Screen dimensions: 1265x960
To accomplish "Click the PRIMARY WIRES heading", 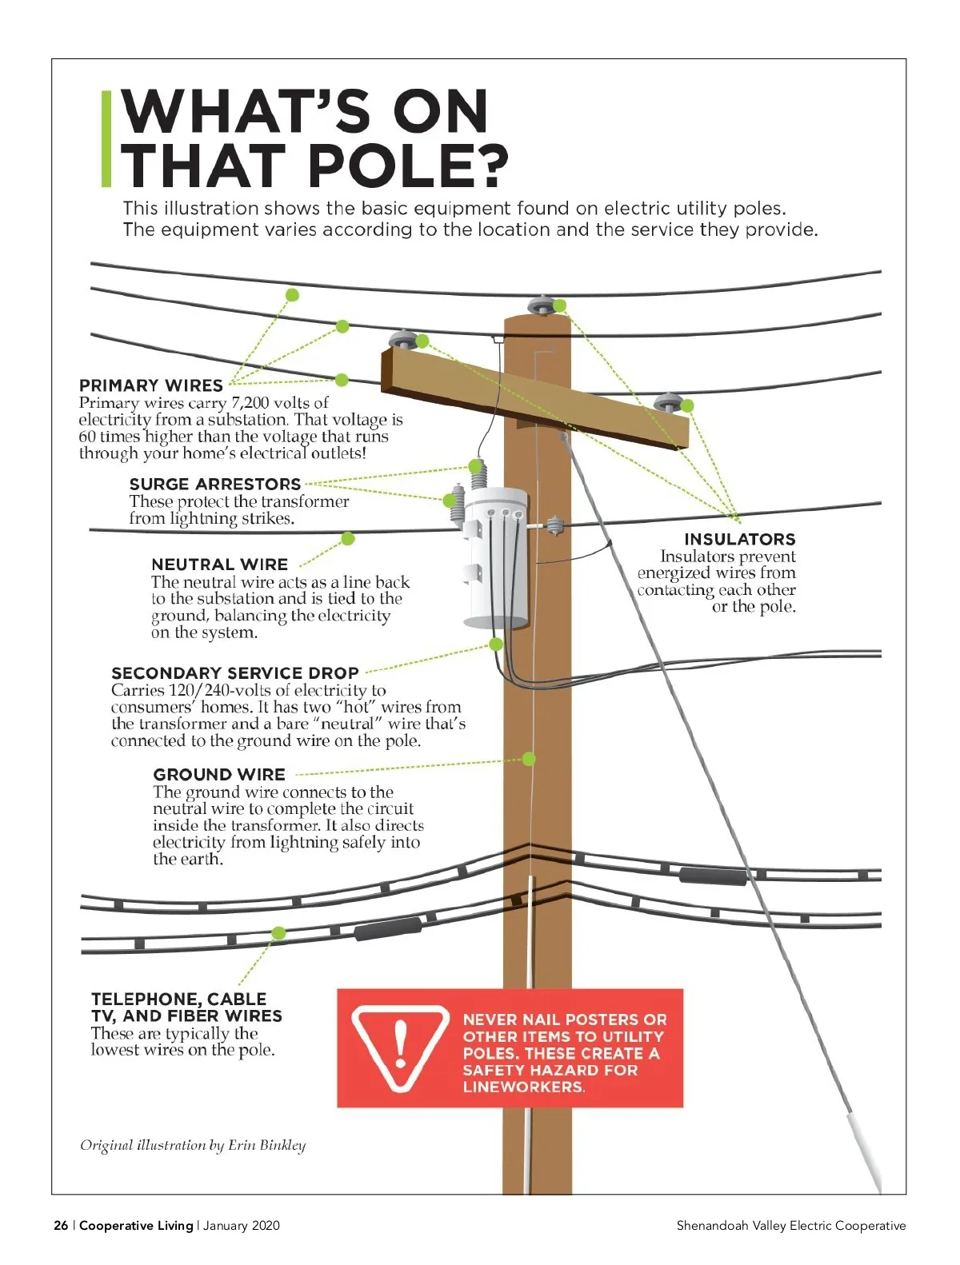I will point(150,385).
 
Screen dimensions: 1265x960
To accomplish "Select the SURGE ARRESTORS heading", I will point(214,484).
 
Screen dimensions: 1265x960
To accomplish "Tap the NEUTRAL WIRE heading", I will point(219,565).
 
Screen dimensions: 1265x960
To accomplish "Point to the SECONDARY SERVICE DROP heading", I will point(234,673).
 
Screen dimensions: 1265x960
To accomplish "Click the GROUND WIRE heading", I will point(218,775).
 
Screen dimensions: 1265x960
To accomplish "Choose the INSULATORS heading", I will point(739,539).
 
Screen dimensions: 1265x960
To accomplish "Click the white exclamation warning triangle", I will point(400,1047).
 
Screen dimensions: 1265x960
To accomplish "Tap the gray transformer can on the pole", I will point(496,560).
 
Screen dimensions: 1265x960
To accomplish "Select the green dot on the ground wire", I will point(529,758).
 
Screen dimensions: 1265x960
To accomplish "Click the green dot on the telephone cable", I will point(278,933).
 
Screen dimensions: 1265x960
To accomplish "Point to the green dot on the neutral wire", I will point(347,539).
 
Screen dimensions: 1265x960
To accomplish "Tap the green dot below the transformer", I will point(496,644).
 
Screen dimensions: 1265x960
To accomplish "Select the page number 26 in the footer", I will point(61,1225).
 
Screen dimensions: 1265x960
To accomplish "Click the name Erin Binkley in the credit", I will point(266,1145).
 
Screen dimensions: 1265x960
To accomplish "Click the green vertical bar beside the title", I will point(106,139).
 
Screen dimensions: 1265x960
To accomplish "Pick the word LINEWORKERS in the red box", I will point(522,1087).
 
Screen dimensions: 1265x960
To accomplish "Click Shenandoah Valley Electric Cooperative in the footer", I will point(790,1225).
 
